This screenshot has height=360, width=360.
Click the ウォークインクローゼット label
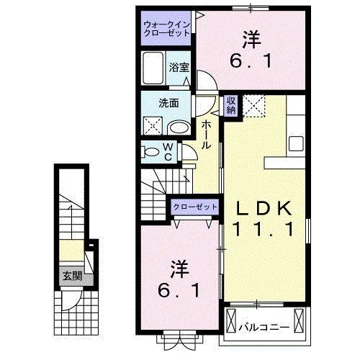coord(166,29)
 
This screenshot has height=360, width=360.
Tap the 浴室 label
coord(179,68)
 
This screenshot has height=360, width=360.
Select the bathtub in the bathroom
coord(153,68)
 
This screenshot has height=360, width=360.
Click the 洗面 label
coord(168,103)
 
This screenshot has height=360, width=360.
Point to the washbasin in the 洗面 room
coord(179,127)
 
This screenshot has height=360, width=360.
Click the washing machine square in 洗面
coord(153,125)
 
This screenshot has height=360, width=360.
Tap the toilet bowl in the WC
coord(152,152)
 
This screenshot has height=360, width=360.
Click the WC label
coord(168,152)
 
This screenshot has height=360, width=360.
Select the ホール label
coord(206,135)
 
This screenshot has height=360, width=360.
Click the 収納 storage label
coord(231,106)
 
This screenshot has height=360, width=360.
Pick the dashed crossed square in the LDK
coord(253,106)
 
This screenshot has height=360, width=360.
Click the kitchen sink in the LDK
coord(296,143)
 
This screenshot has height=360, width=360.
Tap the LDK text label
coord(264,209)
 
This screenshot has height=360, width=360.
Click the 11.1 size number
coord(264,229)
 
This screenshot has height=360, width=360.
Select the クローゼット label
coord(195,207)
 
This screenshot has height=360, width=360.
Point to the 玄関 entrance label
coord(72,276)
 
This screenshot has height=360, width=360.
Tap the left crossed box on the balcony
coord(231,320)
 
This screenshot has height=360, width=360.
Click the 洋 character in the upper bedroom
coord(251,40)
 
